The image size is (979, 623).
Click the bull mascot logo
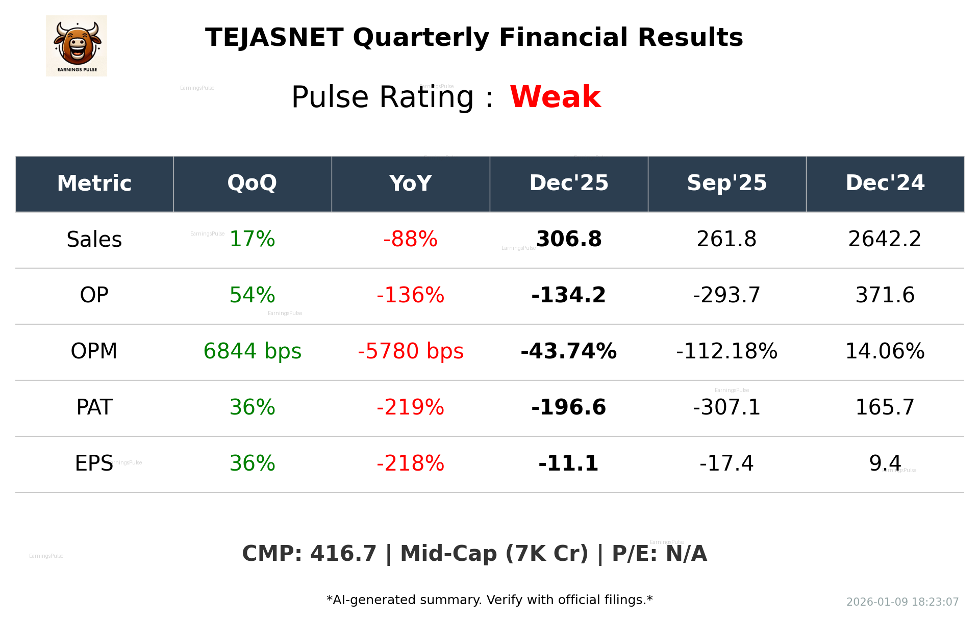77,45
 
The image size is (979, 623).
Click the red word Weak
555,97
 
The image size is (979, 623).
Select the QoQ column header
252,183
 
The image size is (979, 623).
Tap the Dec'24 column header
885,183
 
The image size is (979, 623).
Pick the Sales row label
94,239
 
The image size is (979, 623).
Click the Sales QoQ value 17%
252,239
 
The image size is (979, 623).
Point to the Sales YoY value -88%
410,239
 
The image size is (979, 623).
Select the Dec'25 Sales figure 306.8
569,239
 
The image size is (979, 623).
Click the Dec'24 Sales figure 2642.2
885,239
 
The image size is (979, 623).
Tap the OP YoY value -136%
410,295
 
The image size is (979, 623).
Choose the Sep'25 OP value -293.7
726,295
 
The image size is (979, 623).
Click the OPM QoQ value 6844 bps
252,351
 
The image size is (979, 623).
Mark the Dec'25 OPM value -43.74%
568,351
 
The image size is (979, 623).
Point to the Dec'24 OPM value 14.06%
885,351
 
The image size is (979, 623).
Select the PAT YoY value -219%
410,407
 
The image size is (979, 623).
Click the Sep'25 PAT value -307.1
726,407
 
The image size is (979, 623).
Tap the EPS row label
94,463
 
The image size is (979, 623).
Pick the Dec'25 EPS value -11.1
568,463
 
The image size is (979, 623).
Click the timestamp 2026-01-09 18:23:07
902,602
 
